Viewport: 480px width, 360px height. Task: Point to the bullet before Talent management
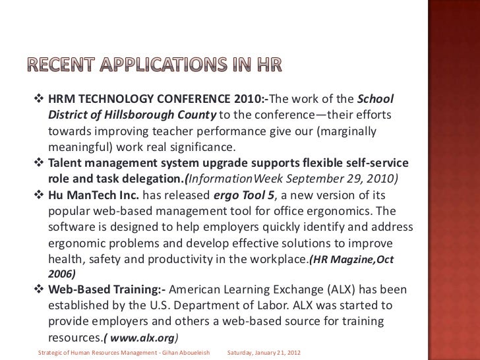(x=38, y=162)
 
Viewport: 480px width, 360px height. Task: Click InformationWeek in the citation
(x=231, y=178)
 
